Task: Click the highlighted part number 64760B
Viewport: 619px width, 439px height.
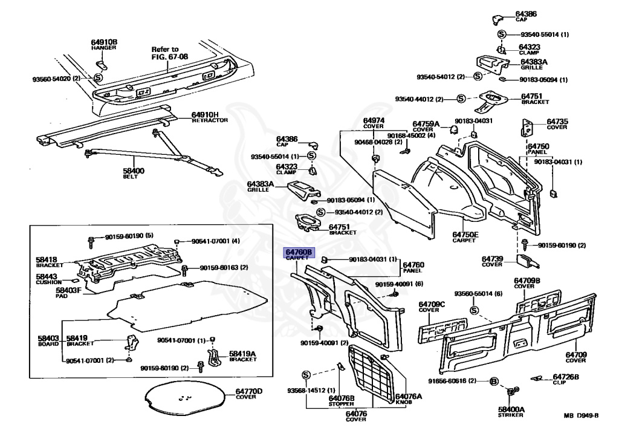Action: coord(299,252)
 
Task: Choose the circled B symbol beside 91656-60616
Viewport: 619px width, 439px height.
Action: coord(493,381)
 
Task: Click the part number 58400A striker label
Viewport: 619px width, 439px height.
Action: coord(511,409)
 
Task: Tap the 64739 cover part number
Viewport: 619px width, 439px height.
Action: coord(493,259)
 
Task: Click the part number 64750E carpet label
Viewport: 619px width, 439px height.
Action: coord(465,234)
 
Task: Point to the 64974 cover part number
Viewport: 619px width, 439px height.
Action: coord(373,120)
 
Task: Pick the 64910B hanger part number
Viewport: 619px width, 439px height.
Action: coord(104,42)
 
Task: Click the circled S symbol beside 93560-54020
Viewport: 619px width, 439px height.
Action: coord(99,78)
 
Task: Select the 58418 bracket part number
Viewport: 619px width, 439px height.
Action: coord(48,259)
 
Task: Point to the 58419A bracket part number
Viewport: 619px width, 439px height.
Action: coord(242,353)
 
